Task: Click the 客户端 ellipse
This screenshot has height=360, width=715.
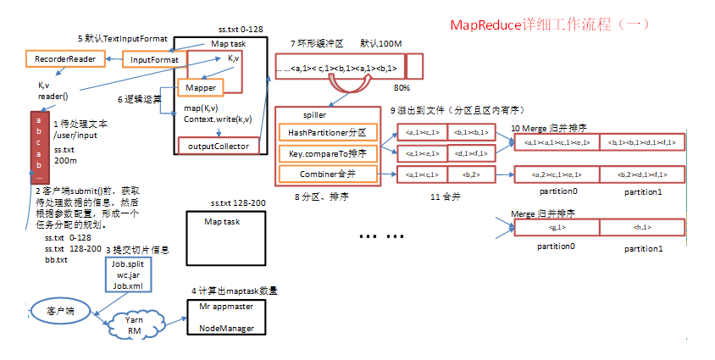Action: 58,311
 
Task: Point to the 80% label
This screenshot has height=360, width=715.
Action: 402,87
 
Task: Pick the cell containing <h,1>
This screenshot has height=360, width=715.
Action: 641,228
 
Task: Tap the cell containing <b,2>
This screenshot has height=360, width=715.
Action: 471,174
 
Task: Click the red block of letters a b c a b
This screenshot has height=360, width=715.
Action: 37,149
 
